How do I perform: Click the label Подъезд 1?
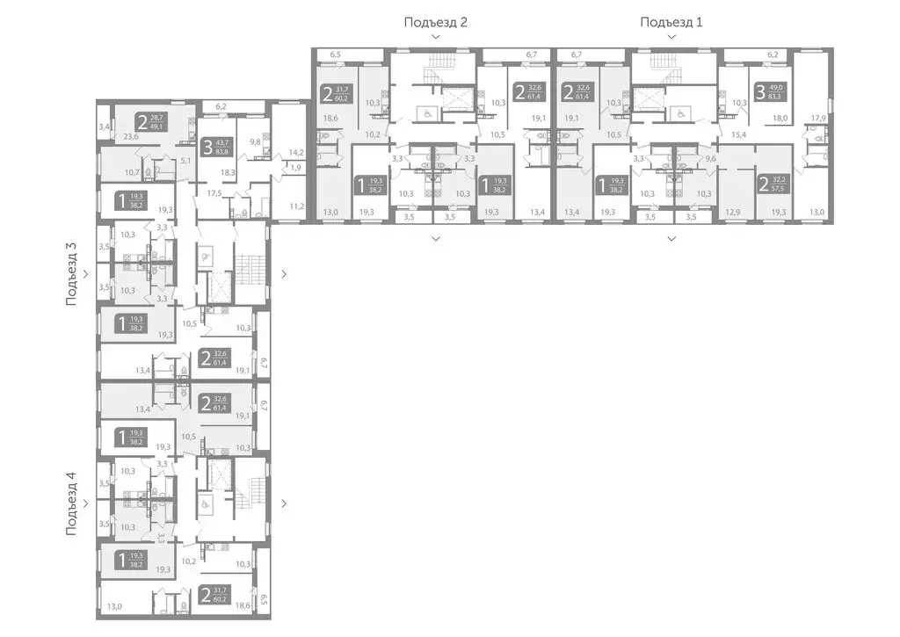point(671,22)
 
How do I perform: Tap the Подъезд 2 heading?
point(435,22)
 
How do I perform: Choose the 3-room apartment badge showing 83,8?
point(214,147)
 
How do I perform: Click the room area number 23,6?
point(132,136)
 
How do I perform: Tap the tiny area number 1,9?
point(296,167)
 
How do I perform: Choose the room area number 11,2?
point(296,206)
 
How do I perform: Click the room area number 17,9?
point(818,118)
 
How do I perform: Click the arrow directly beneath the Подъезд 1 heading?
point(671,37)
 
